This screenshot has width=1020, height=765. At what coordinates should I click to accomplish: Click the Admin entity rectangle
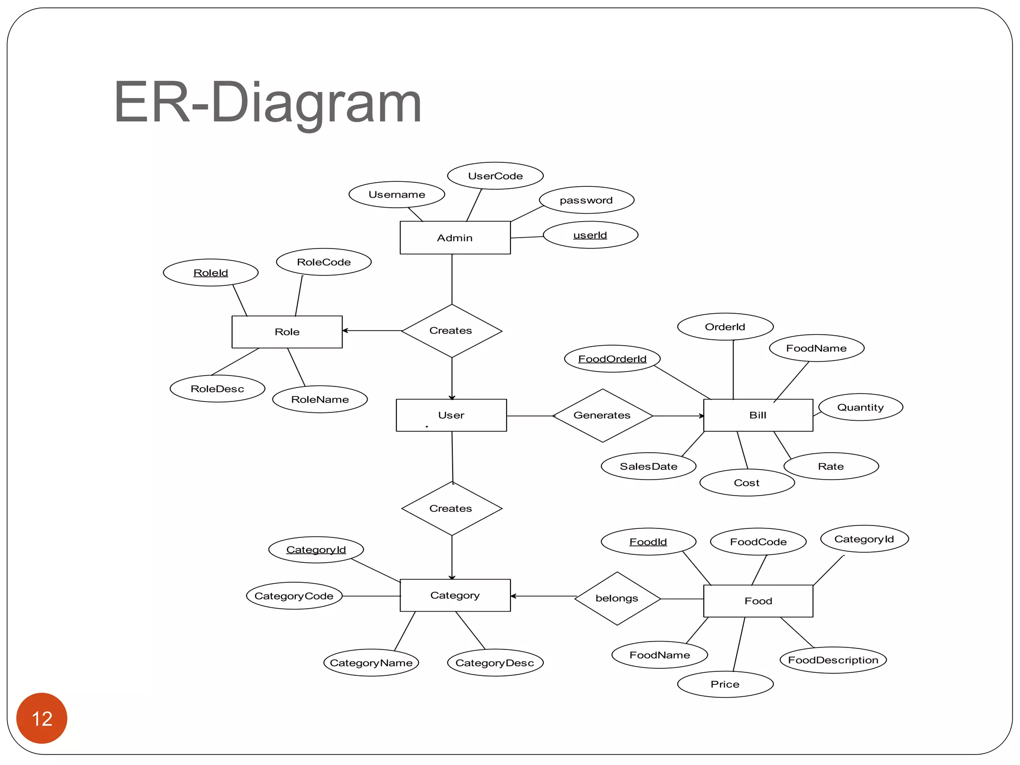[455, 238]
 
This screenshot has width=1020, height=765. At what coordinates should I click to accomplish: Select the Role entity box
[287, 332]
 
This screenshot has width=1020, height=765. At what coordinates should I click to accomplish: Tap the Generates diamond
[602, 415]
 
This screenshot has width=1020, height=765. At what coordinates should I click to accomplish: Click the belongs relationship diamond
[617, 598]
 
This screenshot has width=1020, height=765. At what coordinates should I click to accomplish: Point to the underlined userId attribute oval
[590, 235]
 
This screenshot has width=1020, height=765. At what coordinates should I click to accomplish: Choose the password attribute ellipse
[586, 200]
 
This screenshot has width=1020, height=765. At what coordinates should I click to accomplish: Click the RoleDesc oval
[217, 388]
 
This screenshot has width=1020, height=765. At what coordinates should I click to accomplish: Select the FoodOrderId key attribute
[612, 359]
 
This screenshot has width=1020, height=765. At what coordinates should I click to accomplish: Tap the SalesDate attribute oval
[648, 466]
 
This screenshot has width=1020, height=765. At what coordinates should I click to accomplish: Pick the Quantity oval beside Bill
[860, 407]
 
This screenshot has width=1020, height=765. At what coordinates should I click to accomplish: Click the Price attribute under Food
[725, 684]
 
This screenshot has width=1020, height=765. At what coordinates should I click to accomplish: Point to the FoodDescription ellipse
[833, 660]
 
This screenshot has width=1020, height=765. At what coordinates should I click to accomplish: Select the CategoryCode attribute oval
[294, 596]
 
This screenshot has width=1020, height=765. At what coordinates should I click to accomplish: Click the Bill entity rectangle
[758, 415]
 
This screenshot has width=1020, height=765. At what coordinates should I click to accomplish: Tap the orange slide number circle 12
[42, 718]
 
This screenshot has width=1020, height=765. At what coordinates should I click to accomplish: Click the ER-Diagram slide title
[267, 102]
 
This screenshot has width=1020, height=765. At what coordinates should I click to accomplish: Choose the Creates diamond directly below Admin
[451, 331]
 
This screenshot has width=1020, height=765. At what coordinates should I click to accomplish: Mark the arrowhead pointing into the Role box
[345, 331]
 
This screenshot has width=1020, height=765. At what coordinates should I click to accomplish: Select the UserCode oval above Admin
[495, 176]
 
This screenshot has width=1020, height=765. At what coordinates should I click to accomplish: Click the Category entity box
[455, 595]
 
